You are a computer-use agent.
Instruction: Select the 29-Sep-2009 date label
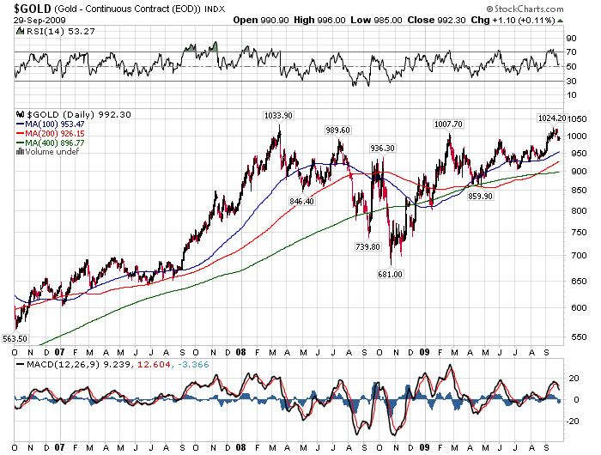[x=27, y=20]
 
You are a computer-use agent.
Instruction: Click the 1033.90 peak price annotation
[x=277, y=114]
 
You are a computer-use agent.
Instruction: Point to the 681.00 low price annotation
[x=392, y=274]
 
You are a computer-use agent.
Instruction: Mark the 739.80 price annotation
[x=367, y=246]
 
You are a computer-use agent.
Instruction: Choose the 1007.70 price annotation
[x=447, y=124]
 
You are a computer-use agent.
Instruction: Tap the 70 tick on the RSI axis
[x=569, y=52]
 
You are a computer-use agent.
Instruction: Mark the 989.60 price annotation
[x=339, y=130]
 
